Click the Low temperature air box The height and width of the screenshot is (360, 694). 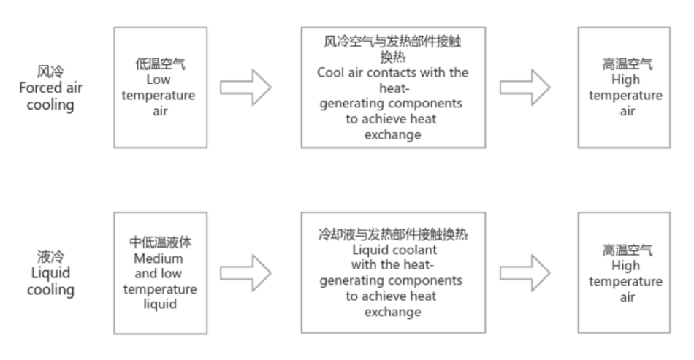point(166,88)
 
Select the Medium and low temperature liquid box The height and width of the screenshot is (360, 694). point(166,272)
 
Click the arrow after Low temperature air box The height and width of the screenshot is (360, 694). point(246,88)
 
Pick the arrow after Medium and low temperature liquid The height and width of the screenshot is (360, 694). point(246,272)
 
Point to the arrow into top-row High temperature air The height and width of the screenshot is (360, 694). point(525,88)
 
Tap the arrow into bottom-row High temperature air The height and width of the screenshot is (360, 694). point(525,272)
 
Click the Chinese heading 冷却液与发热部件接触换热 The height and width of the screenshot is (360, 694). point(393,235)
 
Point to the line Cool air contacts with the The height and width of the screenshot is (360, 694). point(393,73)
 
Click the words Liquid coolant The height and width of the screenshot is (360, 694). point(393,250)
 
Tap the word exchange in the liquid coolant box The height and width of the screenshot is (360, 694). point(393,312)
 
